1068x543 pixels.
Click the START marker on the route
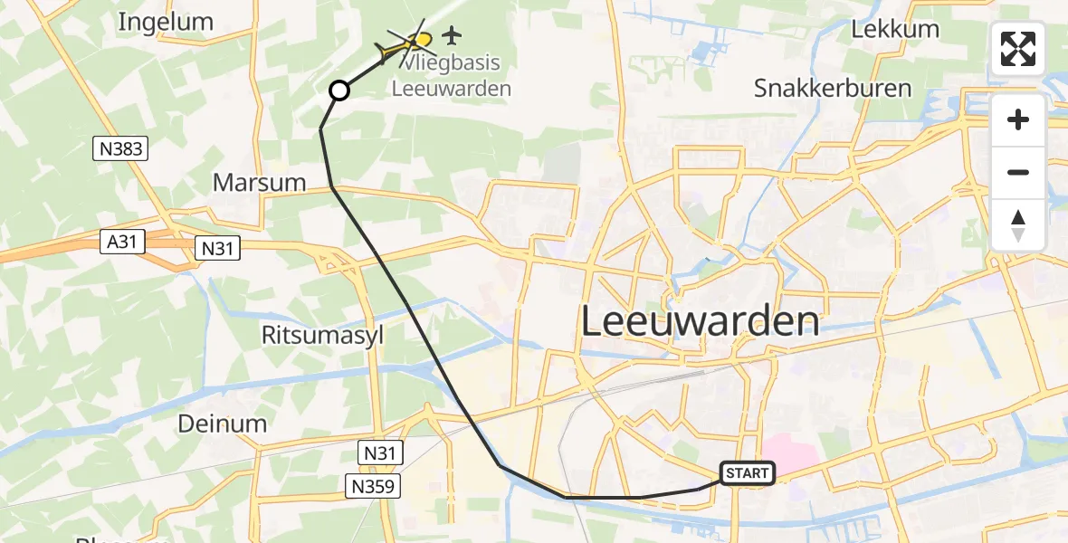click(748, 472)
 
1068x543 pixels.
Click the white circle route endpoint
click(339, 90)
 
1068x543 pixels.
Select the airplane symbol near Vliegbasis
click(451, 36)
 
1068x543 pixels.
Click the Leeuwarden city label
click(700, 321)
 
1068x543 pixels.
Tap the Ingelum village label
click(166, 23)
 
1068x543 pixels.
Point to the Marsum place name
click(260, 182)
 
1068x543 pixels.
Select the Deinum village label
click(223, 423)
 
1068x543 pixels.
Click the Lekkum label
click(895, 29)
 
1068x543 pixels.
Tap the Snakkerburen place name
click(832, 88)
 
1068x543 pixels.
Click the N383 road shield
click(119, 148)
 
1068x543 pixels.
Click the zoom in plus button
click(1018, 119)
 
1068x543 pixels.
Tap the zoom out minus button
click(1018, 172)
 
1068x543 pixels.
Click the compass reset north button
click(1018, 224)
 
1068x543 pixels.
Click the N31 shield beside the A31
click(218, 246)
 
